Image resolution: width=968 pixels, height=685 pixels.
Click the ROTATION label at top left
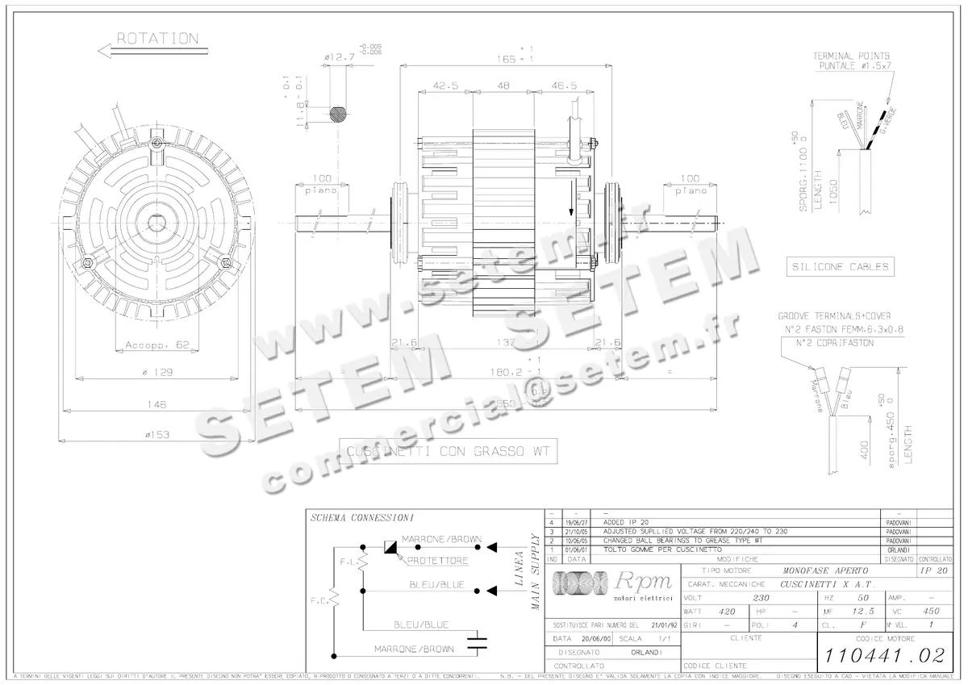click(x=157, y=38)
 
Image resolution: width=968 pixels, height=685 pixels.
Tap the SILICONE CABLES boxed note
click(x=840, y=266)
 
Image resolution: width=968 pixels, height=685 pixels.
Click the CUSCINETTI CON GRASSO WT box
click(x=448, y=452)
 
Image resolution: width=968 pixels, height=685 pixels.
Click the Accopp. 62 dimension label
click(x=156, y=345)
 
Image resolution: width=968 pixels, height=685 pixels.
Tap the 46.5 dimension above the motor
click(x=564, y=86)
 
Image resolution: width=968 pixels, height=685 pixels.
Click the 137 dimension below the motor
click(x=505, y=343)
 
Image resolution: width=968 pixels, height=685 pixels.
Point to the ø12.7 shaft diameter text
click(x=340, y=57)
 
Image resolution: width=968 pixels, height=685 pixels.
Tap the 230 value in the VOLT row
click(x=760, y=598)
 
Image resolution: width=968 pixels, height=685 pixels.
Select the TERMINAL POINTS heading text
click(x=851, y=56)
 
